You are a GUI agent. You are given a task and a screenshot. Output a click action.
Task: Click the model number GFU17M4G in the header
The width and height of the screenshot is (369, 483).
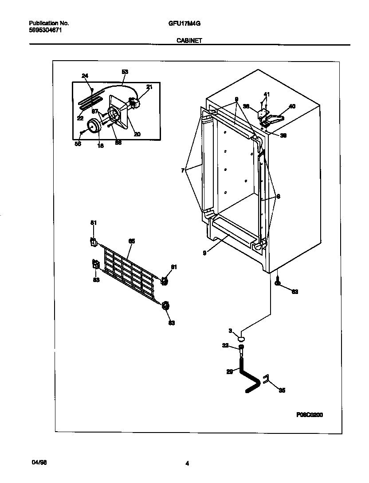click(x=182, y=23)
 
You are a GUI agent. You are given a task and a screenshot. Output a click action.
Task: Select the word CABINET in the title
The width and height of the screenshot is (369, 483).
click(x=189, y=40)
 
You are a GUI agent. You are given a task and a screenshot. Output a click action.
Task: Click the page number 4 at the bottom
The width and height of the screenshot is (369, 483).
click(x=188, y=464)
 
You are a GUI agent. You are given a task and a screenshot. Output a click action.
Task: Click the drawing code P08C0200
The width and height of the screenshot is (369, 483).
click(x=310, y=415)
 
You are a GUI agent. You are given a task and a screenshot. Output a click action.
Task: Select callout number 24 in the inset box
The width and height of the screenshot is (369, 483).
click(x=85, y=76)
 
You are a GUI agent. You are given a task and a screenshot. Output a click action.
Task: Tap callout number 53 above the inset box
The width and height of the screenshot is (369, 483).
click(x=125, y=72)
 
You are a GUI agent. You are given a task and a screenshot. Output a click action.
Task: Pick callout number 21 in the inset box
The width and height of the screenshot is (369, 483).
click(x=149, y=87)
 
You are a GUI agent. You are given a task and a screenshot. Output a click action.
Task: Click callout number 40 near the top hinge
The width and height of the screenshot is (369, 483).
click(x=292, y=106)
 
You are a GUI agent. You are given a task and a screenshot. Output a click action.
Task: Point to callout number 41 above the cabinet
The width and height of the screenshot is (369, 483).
click(x=267, y=94)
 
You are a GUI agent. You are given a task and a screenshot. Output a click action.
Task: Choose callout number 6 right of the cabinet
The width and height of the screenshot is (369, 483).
click(x=278, y=196)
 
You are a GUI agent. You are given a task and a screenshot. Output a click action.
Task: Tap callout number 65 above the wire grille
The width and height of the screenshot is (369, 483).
click(x=132, y=241)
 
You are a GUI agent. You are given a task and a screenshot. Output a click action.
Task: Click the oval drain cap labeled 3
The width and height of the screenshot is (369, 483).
click(x=242, y=338)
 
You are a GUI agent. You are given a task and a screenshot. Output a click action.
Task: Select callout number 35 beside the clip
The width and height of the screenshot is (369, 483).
click(x=282, y=390)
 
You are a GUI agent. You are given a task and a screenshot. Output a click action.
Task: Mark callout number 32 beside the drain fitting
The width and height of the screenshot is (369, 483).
click(x=226, y=345)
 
